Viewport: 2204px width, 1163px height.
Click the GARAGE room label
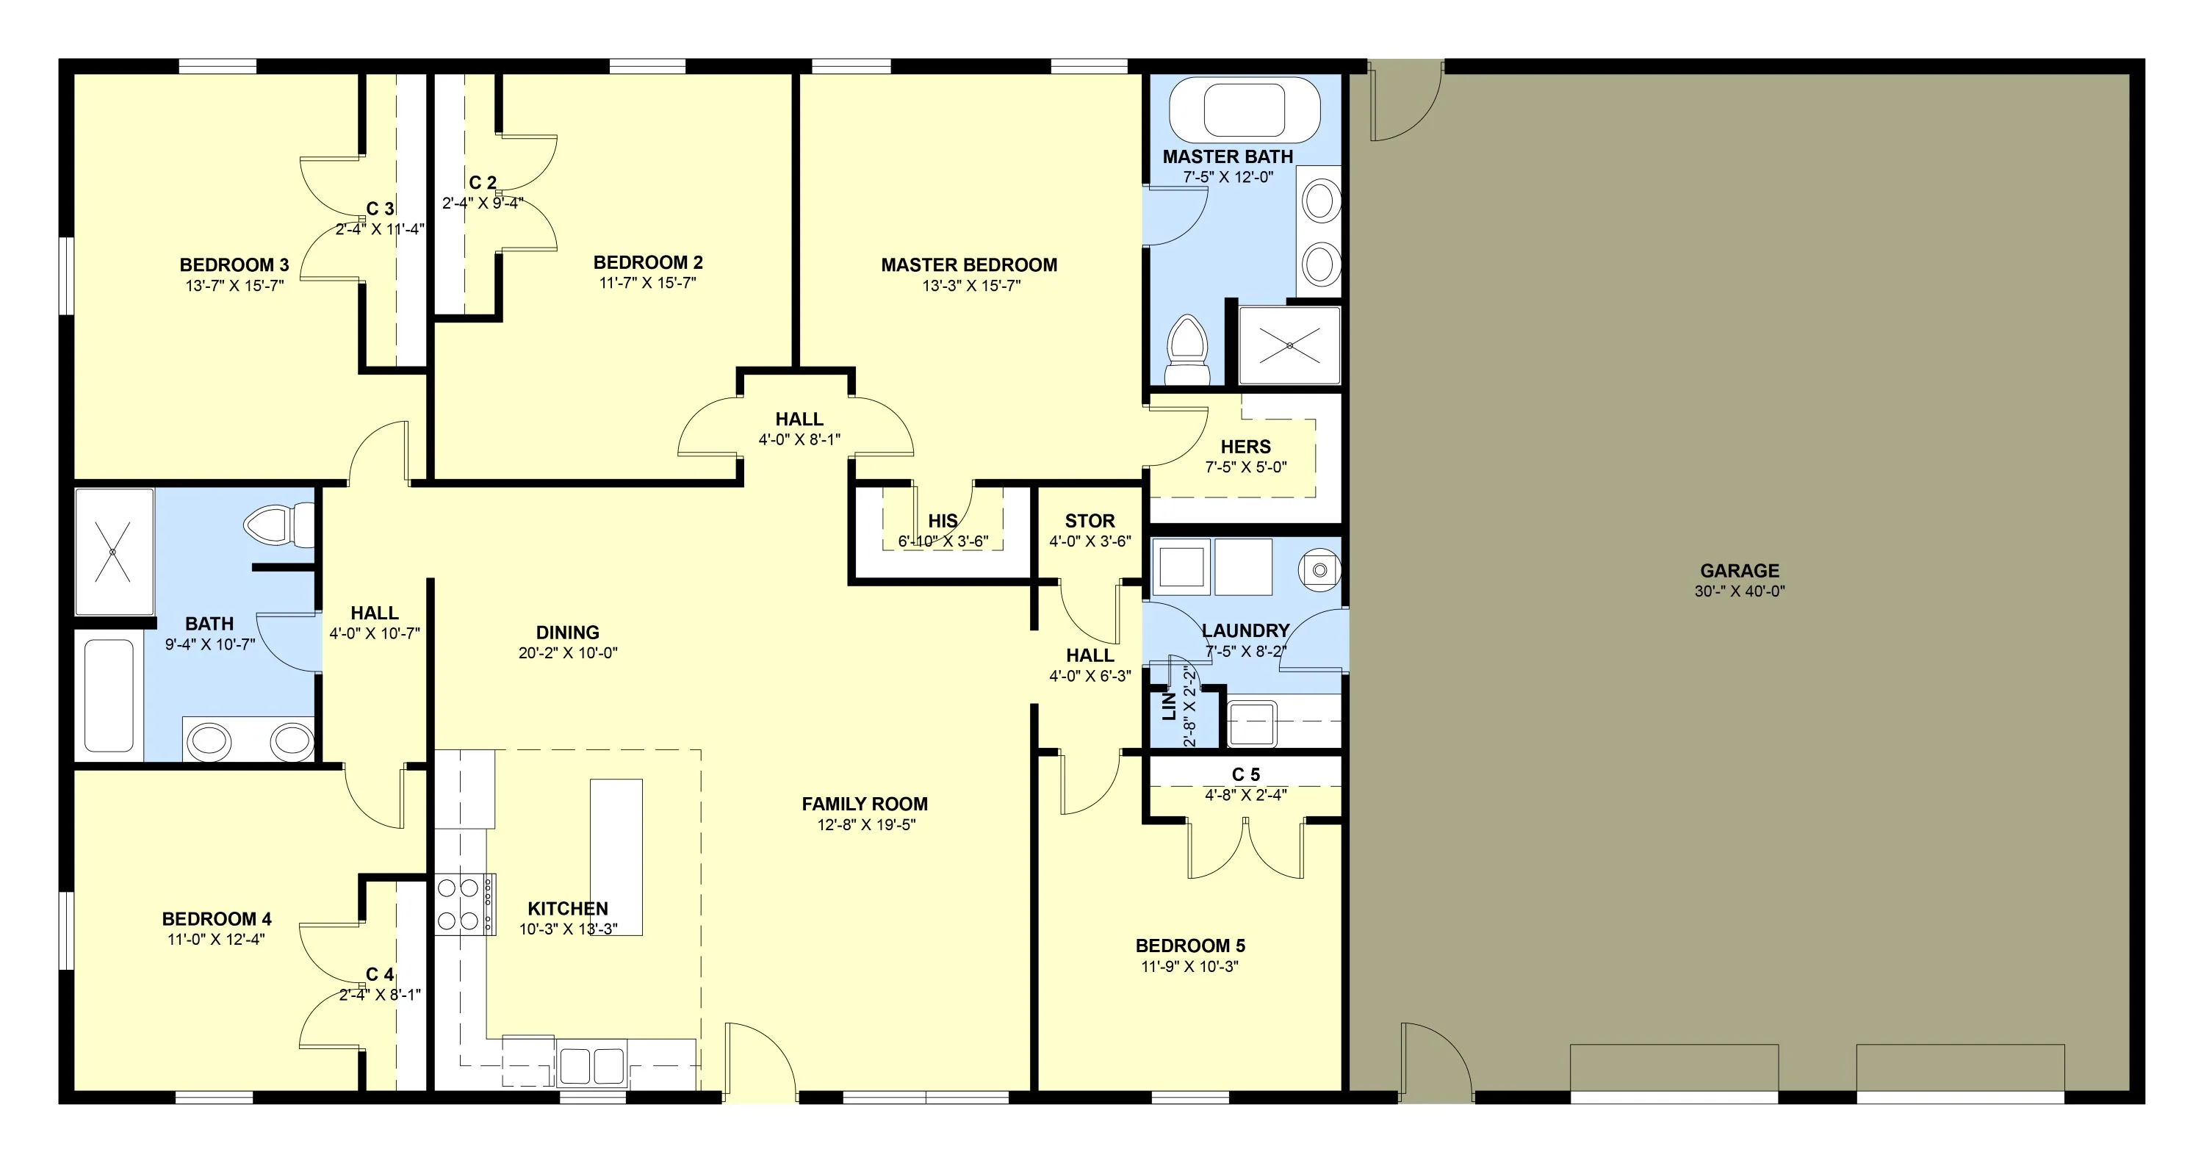pos(1740,571)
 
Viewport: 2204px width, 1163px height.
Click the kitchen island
pos(616,857)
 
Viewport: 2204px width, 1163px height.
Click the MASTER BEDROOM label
pos(969,265)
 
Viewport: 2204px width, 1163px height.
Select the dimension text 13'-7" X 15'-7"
pos(234,286)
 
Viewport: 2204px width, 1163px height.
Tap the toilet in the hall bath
pos(280,524)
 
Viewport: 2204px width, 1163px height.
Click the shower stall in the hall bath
pos(114,552)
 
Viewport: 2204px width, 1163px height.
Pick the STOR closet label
pos(1090,521)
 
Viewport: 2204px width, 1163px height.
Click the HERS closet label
pos(1246,447)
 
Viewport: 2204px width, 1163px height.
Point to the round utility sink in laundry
pos(1319,569)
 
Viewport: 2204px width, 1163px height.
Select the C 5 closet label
pos(1246,774)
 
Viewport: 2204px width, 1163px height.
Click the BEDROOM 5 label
pos(1190,946)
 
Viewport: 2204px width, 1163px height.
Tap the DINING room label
pos(567,633)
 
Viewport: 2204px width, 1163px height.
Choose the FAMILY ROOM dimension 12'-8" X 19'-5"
pos(866,825)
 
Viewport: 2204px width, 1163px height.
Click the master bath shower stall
pos(1289,346)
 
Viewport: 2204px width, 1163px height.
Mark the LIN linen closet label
pos(1169,707)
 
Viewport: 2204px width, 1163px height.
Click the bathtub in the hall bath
pos(109,695)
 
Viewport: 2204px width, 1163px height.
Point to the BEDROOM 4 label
pos(217,919)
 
